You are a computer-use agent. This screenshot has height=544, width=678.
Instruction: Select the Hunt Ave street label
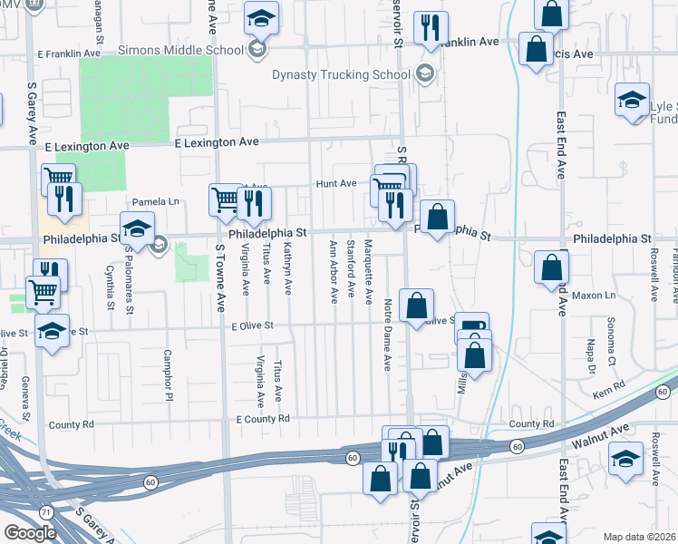click(336, 183)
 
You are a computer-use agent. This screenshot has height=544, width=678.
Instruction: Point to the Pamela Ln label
click(157, 201)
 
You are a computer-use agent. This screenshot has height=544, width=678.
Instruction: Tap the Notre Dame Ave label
click(387, 335)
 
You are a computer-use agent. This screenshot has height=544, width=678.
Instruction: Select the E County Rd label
click(263, 419)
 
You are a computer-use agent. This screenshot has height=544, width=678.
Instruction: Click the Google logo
click(29, 533)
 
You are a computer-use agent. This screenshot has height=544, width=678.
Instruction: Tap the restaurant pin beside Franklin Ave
click(431, 28)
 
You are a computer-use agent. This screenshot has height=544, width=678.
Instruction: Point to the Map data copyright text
click(640, 538)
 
